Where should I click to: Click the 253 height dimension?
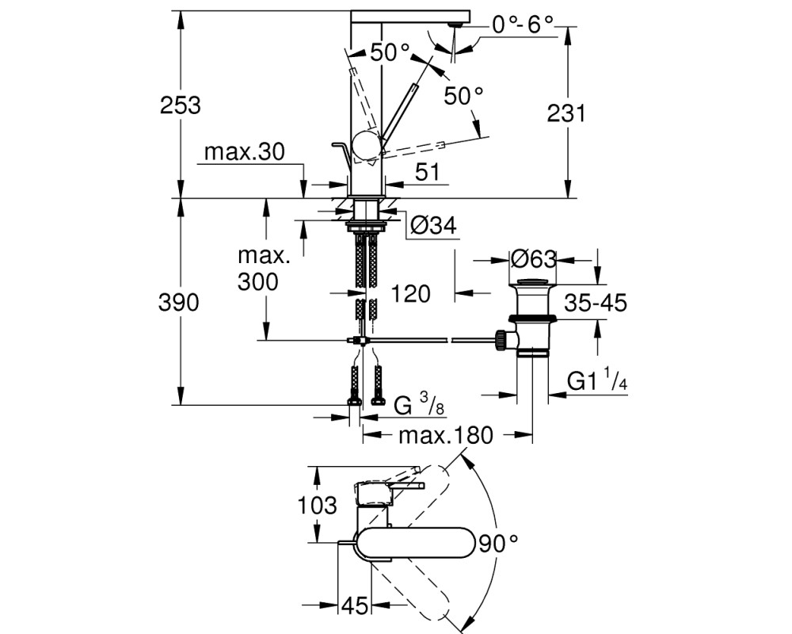tap(181, 105)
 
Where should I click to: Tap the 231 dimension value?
tap(566, 113)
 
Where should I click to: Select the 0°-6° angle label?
tap(522, 24)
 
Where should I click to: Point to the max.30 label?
tap(245, 151)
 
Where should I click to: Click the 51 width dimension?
tap(428, 173)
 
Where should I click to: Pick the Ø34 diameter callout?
tap(433, 226)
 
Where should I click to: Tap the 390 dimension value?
tap(179, 302)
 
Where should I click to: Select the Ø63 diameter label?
tap(533, 259)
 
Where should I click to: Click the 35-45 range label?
tap(596, 303)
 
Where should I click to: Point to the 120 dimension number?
tap(410, 294)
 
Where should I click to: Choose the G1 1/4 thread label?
tap(597, 380)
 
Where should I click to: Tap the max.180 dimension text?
tap(445, 435)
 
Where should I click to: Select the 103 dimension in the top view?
tap(318, 505)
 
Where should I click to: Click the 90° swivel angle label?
tap(498, 544)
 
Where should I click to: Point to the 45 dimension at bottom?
tap(355, 605)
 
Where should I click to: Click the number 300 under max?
tap(257, 281)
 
